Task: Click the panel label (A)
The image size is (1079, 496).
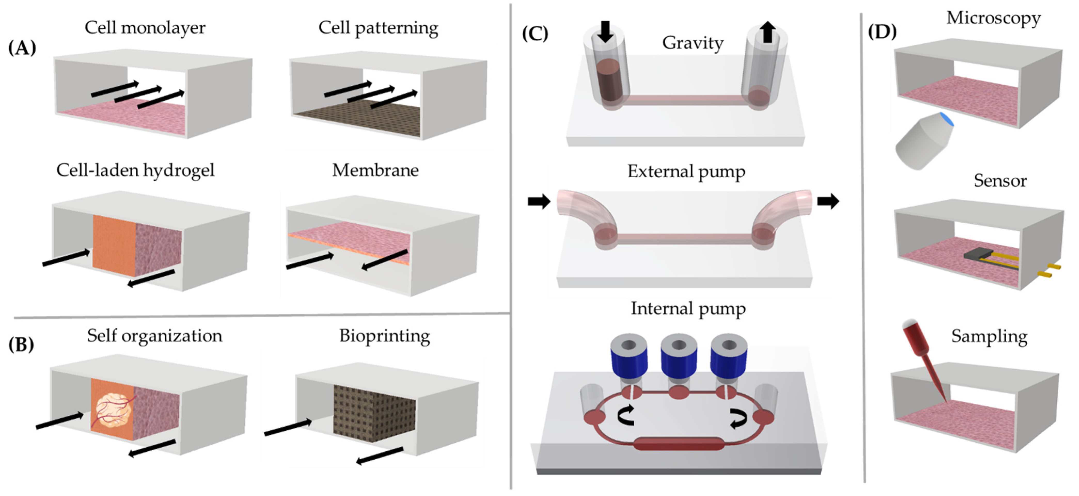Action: [x=22, y=48]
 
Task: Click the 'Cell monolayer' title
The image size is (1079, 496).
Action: [x=145, y=28]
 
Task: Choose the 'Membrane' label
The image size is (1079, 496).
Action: [x=375, y=170]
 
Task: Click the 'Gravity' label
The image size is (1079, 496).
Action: [x=693, y=43]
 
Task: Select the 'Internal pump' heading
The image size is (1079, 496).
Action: [x=688, y=309]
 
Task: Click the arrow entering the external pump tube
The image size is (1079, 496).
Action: [x=539, y=201]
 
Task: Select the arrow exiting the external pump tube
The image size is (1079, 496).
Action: [x=828, y=201]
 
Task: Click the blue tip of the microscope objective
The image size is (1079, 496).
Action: [x=948, y=119]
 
